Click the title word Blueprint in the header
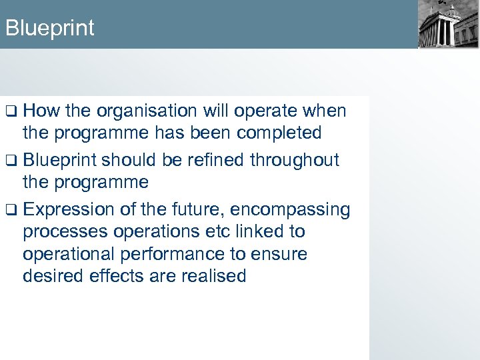pyautogui.click(x=49, y=28)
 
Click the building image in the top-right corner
pyautogui.click(x=448, y=25)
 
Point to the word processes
pyautogui.click(x=63, y=231)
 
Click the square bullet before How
pyautogui.click(x=10, y=111)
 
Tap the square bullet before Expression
pyautogui.click(x=10, y=210)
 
